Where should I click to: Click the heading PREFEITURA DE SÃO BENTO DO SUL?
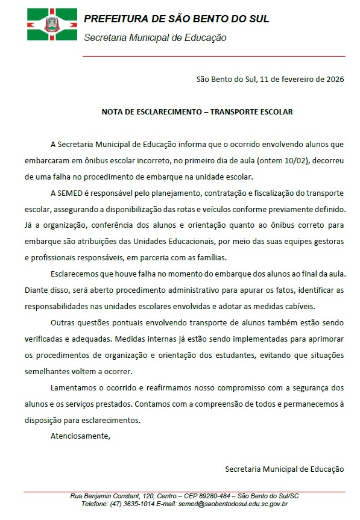tap(176, 19)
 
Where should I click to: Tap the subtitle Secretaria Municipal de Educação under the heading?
tap(155, 37)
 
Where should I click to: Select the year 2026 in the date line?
tap(333, 79)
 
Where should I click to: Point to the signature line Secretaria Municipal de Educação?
tap(284, 468)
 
